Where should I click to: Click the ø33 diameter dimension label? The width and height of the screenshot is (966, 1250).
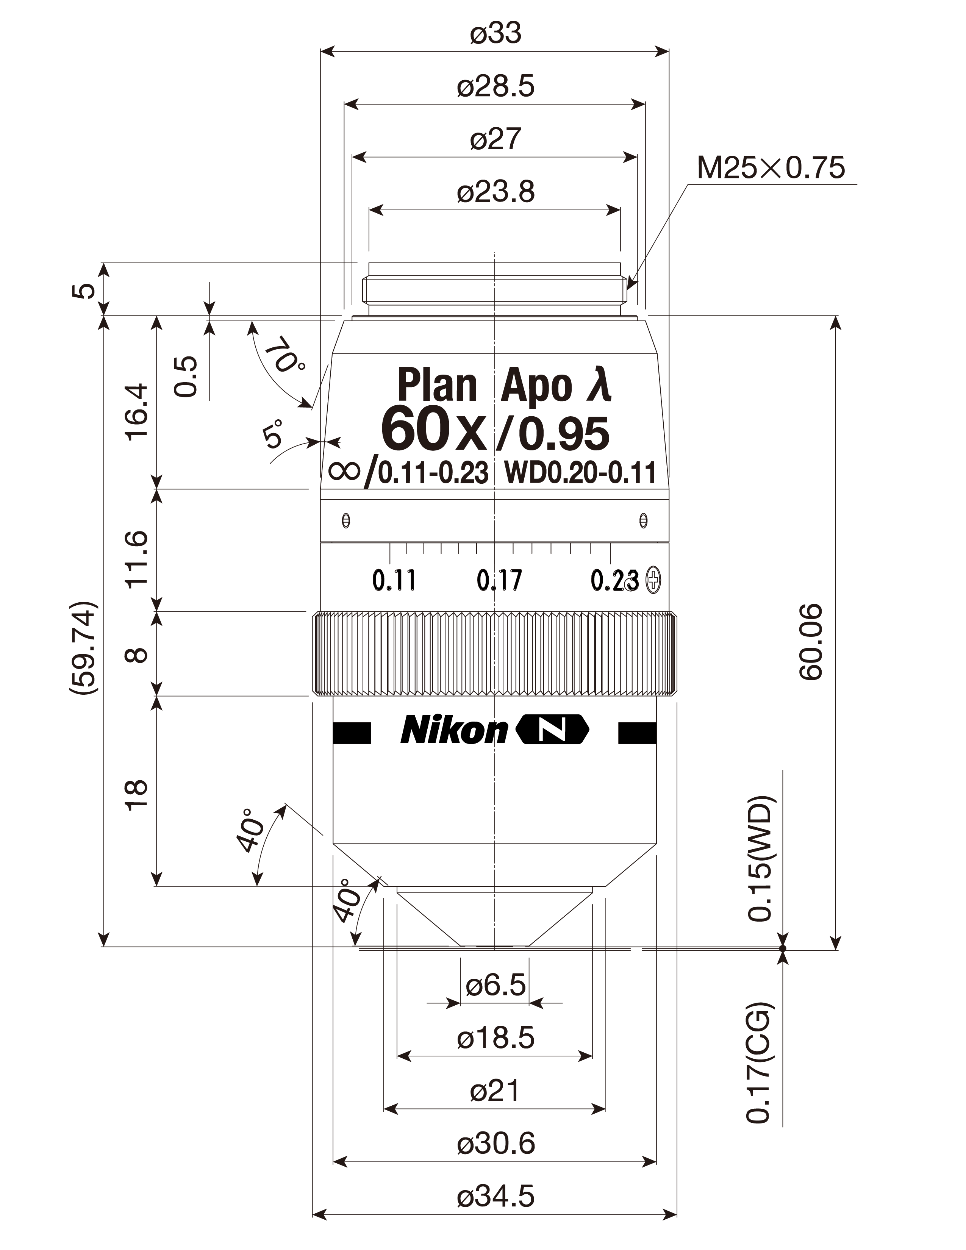(496, 33)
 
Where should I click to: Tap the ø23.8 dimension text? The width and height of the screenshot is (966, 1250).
(496, 192)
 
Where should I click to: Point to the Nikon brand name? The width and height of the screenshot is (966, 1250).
(454, 730)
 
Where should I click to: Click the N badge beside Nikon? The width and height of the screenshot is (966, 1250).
(553, 730)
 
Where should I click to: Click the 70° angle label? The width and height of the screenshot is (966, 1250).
(284, 355)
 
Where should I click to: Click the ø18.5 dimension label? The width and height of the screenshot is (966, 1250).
(496, 1038)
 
